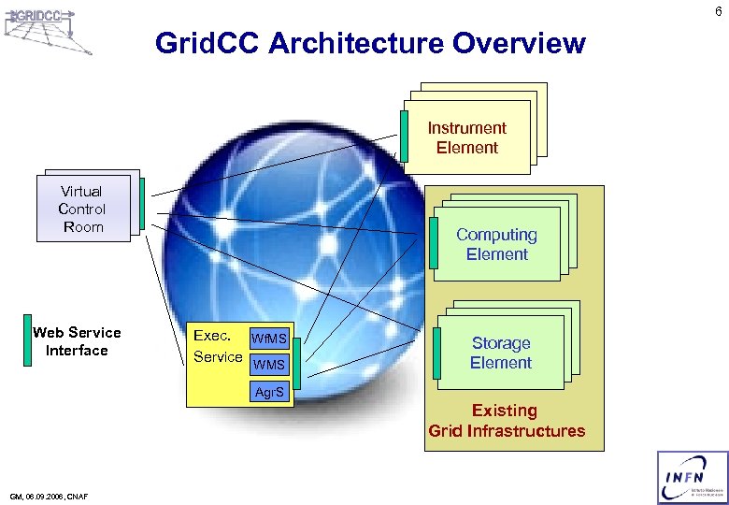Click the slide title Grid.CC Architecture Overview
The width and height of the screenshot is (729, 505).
(370, 43)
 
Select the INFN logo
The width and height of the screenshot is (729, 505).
(693, 477)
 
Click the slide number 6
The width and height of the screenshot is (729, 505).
(717, 11)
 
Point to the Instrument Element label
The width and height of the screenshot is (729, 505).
(466, 137)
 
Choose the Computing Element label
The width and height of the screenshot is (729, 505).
(496, 244)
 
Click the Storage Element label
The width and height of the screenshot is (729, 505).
(500, 353)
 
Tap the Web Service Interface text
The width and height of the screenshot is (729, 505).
(77, 341)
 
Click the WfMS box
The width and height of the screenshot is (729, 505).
(268, 339)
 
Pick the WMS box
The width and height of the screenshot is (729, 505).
(268, 364)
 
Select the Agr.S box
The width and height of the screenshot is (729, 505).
(268, 393)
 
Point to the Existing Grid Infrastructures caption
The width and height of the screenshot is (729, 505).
(506, 421)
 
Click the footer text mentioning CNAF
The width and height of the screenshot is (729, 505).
(48, 496)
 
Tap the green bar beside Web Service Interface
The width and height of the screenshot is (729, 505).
(27, 339)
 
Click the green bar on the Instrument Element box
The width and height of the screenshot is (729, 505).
(404, 136)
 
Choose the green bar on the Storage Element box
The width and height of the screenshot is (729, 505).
(436, 353)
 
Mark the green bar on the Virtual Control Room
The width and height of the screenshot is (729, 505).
(141, 203)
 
